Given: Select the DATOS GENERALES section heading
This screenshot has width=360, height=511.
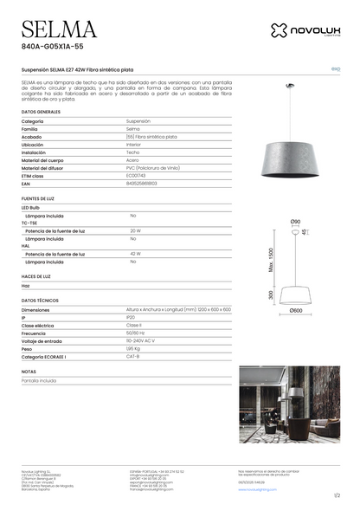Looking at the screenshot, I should [x=41, y=113].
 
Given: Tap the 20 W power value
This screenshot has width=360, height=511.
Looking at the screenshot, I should [x=136, y=231].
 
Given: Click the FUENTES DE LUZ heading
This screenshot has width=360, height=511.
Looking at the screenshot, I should [x=39, y=199].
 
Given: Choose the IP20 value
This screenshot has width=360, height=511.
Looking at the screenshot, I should [x=131, y=317].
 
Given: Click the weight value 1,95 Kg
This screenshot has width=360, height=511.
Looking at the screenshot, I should [x=135, y=348].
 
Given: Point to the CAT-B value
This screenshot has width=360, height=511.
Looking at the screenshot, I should [x=133, y=356].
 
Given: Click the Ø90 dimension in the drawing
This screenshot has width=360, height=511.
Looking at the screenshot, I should [x=295, y=223].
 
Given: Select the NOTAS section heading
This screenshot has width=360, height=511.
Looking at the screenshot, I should [x=29, y=371].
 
